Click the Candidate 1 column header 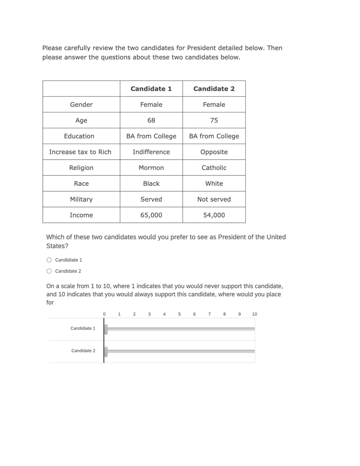151,89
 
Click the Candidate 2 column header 214,89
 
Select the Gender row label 81,105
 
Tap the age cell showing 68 151,120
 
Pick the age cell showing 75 214,120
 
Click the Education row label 79,136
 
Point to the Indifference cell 151,152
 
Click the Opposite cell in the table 214,152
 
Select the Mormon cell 151,168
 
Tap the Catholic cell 214,168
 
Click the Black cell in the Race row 151,183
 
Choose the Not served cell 214,199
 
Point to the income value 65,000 151,215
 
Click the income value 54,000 214,215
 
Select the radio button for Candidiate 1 49,260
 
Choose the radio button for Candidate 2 49,271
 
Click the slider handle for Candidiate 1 106,329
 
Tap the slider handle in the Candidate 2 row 106,351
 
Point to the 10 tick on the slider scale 254,314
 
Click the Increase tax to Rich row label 80,152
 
